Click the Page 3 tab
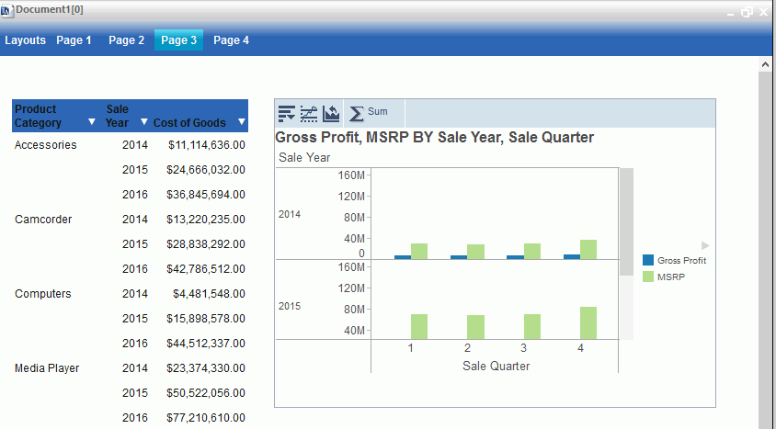click(178, 40)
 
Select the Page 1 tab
click(74, 40)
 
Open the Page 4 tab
click(232, 40)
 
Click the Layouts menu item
click(25, 40)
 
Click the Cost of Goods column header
click(189, 122)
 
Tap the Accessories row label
click(46, 145)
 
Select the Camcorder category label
click(43, 220)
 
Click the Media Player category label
click(47, 368)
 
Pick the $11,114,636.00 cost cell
click(207, 145)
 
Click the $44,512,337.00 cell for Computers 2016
click(207, 344)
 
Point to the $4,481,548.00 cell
click(209, 294)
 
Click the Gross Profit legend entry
click(681, 261)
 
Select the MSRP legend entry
click(670, 277)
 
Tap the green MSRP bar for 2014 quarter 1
click(419, 251)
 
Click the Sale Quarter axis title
click(496, 366)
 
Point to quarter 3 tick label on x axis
click(524, 348)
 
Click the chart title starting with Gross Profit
click(434, 138)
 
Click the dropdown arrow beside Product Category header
click(91, 122)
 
